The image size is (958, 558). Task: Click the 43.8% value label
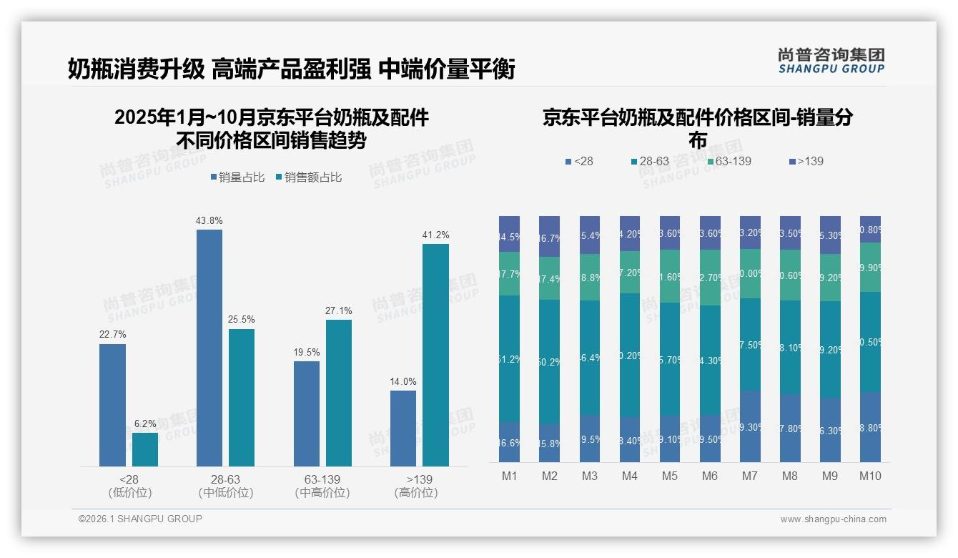click(x=209, y=220)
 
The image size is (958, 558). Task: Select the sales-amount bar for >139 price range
click(x=435, y=355)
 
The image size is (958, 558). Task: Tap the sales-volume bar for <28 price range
click(x=112, y=405)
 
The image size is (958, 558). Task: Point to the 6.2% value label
click(x=144, y=424)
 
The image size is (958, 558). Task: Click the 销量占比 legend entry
click(x=239, y=177)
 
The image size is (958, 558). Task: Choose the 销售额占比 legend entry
click(x=308, y=177)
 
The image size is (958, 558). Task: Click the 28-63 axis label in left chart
click(x=225, y=479)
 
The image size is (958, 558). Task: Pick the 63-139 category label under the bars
click(x=322, y=479)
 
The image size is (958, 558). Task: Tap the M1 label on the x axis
click(x=509, y=476)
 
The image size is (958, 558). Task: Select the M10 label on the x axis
click(x=870, y=476)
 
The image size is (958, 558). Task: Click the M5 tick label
click(x=669, y=476)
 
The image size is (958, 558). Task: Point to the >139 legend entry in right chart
click(x=806, y=161)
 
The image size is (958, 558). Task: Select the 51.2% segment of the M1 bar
click(x=509, y=358)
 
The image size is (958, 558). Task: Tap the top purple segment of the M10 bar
click(x=870, y=229)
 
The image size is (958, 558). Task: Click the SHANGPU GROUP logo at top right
click(x=831, y=61)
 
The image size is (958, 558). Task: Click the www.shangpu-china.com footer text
click(x=833, y=519)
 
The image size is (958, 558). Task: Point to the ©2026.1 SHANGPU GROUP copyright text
click(x=140, y=519)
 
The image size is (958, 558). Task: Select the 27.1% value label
click(x=338, y=310)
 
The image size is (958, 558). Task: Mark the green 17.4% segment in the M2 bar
click(x=549, y=278)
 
